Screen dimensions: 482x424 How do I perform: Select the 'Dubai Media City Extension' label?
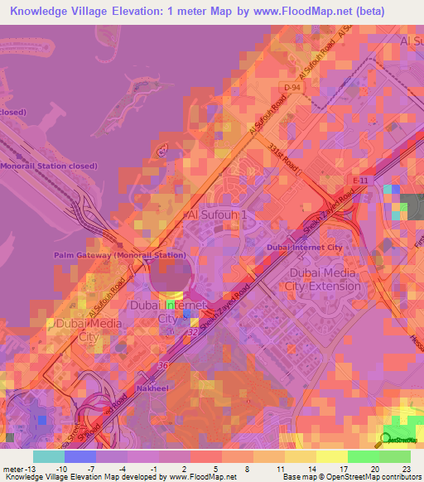pyautogui.click(x=323, y=279)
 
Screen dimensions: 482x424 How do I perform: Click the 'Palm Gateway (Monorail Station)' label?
pyautogui.click(x=120, y=255)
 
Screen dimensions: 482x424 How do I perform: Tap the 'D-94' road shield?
pyautogui.click(x=291, y=87)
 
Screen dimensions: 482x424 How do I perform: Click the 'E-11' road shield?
pyautogui.click(x=359, y=181)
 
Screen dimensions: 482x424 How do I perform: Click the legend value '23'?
pyautogui.click(x=405, y=468)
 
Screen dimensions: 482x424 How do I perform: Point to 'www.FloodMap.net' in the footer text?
pyautogui.click(x=195, y=477)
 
